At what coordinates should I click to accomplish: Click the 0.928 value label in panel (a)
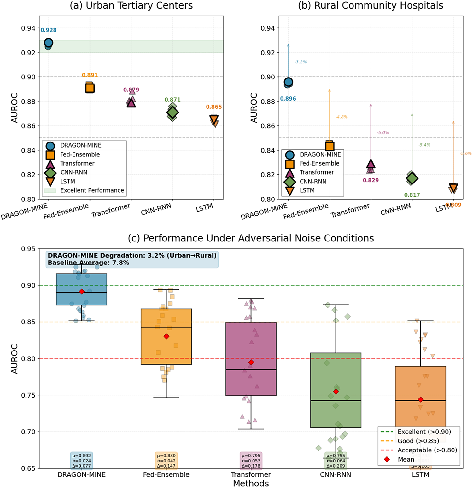pos(49,30)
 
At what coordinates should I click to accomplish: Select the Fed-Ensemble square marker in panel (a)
pos(90,88)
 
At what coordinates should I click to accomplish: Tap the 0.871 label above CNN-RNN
pos(172,100)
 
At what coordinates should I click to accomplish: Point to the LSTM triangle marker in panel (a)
pos(214,120)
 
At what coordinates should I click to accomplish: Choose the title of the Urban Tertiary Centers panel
pos(131,6)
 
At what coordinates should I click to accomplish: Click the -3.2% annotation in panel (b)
pos(301,62)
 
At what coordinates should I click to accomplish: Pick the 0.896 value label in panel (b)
pos(288,99)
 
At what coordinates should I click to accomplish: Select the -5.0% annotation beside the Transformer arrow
pos(383,133)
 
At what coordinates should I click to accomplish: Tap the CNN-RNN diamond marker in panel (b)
pos(412,178)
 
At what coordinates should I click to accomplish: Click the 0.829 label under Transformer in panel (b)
pos(371,180)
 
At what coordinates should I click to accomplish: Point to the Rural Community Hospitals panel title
pos(371,6)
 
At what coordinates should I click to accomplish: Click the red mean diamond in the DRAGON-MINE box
pos(82,292)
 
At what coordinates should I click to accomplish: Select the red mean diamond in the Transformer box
pos(251,363)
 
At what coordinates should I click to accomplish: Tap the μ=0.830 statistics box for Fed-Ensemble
pos(166,461)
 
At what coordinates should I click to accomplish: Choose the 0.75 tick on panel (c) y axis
pos(28,395)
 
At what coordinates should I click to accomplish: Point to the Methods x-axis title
pos(251,484)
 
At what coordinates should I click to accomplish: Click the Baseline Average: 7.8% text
pos(88,263)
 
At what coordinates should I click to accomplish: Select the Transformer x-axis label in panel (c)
pos(251,474)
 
